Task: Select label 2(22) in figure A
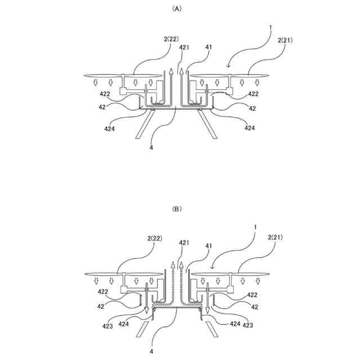pyautogui.click(x=171, y=39)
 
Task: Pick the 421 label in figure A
pyautogui.click(x=184, y=48)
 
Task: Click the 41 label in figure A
pyautogui.click(x=208, y=48)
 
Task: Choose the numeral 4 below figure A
pyautogui.click(x=151, y=148)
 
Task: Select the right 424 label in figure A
pyautogui.click(x=250, y=128)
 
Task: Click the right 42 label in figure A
pyautogui.click(x=253, y=108)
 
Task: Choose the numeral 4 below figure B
pyautogui.click(x=151, y=351)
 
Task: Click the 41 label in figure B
pyautogui.click(x=208, y=245)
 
